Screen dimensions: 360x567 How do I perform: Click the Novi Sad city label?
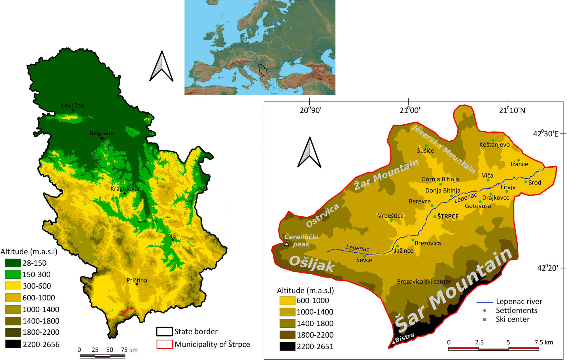(x=72, y=105)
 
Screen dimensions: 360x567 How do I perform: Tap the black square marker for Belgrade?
(x=102, y=138)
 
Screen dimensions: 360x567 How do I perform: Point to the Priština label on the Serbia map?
(x=137, y=280)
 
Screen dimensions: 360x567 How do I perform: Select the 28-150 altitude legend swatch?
(x=13, y=263)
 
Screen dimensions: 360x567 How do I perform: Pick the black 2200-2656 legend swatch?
(x=13, y=344)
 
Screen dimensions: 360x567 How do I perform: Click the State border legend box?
(x=164, y=331)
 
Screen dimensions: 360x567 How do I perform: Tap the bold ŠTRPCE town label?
(x=448, y=216)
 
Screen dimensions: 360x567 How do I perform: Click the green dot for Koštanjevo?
(x=493, y=140)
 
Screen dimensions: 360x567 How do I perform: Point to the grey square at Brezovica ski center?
(x=440, y=287)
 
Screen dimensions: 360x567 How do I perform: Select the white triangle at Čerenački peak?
(x=286, y=244)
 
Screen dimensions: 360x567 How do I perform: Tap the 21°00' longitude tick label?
(x=409, y=110)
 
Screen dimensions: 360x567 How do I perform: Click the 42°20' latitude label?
(x=547, y=268)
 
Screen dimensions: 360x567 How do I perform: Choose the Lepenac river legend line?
(x=485, y=302)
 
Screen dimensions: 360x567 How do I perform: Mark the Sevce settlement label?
(x=364, y=260)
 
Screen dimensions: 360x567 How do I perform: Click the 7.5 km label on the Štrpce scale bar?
(x=543, y=342)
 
